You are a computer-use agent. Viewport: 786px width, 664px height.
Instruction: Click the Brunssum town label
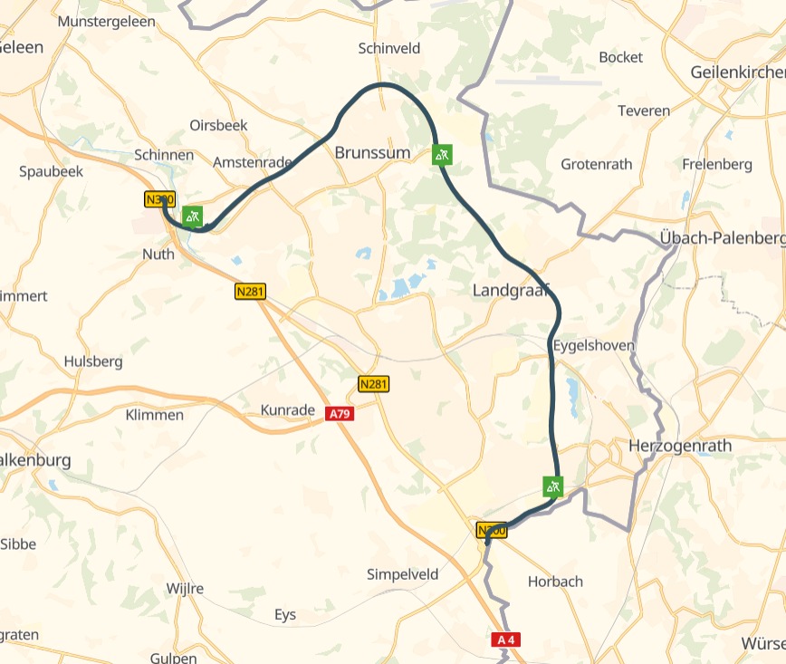[x=372, y=153]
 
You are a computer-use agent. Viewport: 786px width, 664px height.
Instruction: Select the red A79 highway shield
[x=340, y=414]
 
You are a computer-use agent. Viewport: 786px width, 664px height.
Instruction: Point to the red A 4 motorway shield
[x=506, y=640]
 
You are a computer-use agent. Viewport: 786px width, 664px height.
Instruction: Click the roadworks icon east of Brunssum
[x=441, y=155]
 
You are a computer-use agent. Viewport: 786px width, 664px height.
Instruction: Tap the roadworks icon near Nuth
[x=192, y=216]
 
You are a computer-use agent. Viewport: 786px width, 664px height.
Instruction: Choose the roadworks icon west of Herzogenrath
[x=553, y=486]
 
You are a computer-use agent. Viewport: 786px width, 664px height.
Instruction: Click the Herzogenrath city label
[x=679, y=447]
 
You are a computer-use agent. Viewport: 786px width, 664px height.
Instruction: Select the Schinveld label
[x=390, y=48]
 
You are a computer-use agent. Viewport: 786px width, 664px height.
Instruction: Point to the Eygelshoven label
[x=593, y=346]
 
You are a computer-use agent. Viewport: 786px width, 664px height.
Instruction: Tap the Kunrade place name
[x=287, y=410]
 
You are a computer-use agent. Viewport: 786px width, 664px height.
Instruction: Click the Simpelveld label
[x=402, y=574]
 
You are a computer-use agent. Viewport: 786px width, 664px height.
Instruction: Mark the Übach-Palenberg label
[x=722, y=238]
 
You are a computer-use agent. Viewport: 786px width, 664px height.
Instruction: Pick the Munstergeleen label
[x=106, y=20]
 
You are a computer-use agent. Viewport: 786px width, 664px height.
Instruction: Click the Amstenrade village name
[x=253, y=163]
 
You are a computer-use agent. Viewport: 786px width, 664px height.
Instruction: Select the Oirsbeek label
[x=218, y=125]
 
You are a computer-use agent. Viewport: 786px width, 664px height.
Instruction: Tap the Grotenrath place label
[x=597, y=165]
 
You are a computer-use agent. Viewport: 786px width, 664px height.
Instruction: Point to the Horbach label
[x=555, y=582]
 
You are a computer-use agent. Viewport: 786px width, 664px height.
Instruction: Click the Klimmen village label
[x=154, y=415]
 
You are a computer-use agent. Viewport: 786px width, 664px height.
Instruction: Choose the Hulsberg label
[x=93, y=361]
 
